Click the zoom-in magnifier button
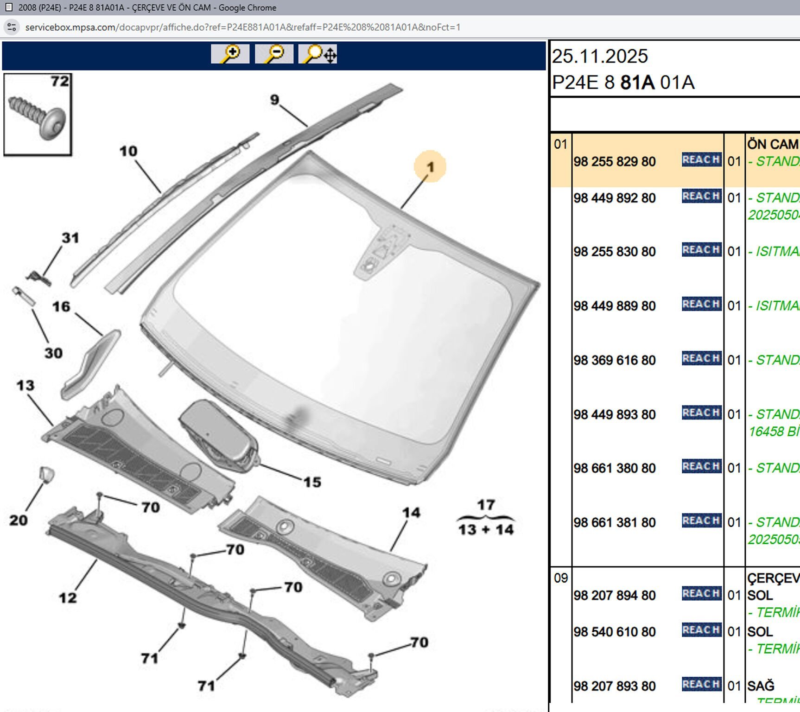[230, 54]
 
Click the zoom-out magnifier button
[274, 54]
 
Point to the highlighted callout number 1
[430, 167]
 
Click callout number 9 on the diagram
[275, 100]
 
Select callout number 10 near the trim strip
[128, 151]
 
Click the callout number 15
[312, 482]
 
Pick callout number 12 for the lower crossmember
[68, 598]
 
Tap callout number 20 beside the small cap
[19, 520]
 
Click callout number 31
[70, 238]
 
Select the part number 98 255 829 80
[615, 162]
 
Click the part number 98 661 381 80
[615, 522]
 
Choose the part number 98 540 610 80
[615, 632]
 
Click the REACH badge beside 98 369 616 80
[701, 358]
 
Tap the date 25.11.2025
[600, 57]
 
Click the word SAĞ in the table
[761, 686]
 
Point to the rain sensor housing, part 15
[218, 433]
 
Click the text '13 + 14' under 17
[486, 529]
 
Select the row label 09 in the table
[560, 578]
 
